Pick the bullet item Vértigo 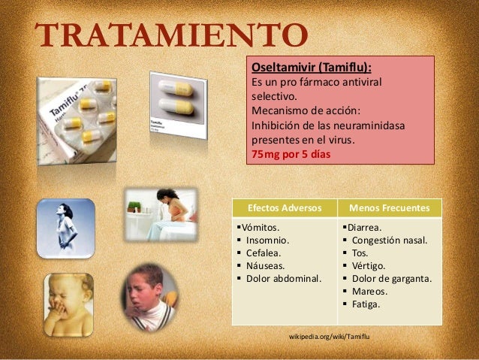(369, 266)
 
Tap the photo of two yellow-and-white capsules (176, 103)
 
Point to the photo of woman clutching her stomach (161, 214)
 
